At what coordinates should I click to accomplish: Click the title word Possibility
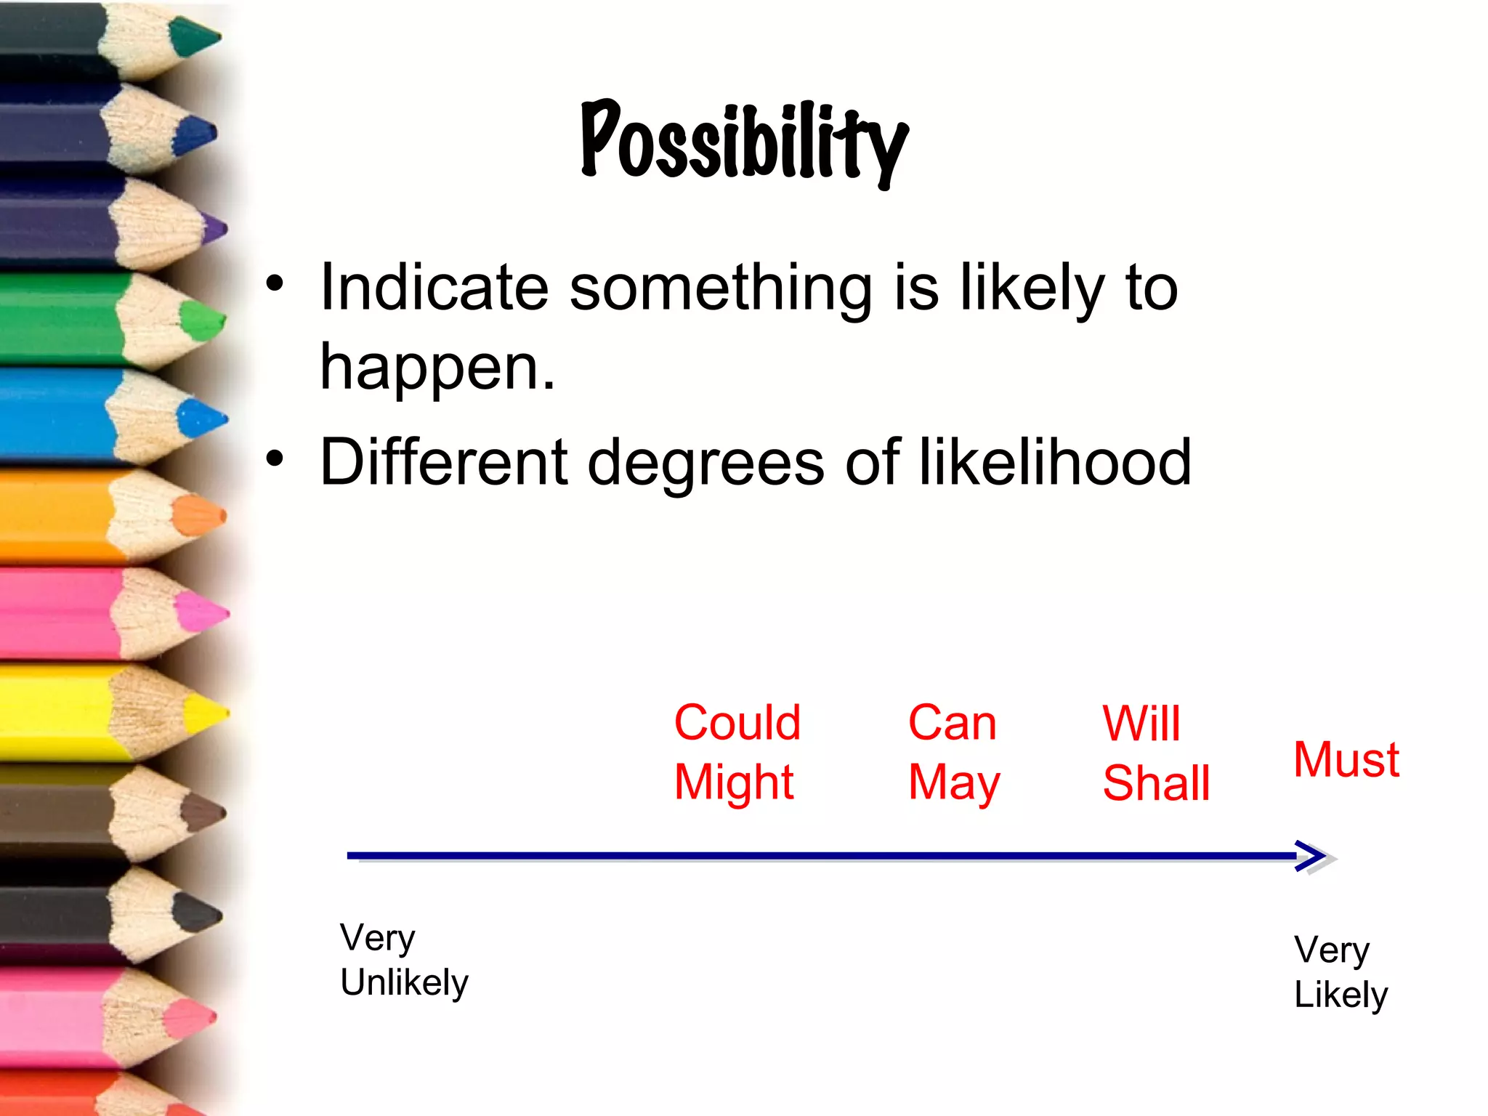744,142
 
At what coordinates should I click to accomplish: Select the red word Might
734,783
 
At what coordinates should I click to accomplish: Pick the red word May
954,783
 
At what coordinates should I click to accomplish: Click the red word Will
1141,724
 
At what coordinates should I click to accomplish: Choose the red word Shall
1156,783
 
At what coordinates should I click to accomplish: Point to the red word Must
1346,760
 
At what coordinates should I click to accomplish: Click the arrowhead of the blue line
1314,856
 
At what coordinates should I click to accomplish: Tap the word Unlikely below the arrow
404,983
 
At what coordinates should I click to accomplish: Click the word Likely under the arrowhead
1341,995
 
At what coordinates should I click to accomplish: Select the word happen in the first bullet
437,367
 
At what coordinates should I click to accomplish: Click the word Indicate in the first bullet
434,288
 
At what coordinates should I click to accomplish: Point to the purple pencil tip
217,229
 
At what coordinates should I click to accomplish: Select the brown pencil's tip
209,812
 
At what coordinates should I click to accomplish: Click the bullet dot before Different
275,458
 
